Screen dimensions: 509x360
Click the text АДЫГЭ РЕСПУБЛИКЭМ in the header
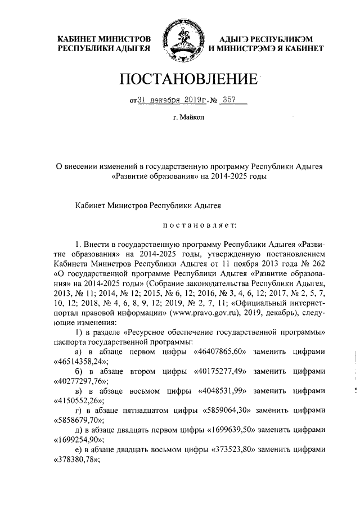pyautogui.click(x=260, y=39)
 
